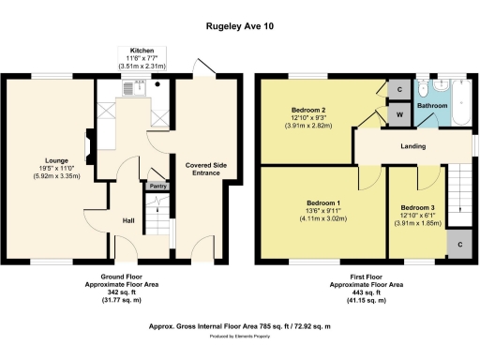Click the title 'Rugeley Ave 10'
tap(240, 27)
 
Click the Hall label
tap(128, 220)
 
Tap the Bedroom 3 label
tap(416, 207)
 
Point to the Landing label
tap(413, 146)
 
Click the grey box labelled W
tap(400, 113)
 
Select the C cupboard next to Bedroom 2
tap(400, 90)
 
